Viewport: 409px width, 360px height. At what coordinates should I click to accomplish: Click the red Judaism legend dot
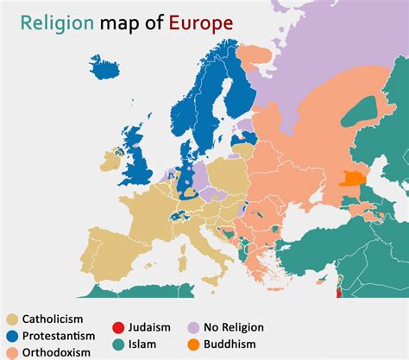point(117,328)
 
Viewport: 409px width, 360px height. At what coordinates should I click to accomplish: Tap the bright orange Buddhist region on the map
point(352,179)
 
